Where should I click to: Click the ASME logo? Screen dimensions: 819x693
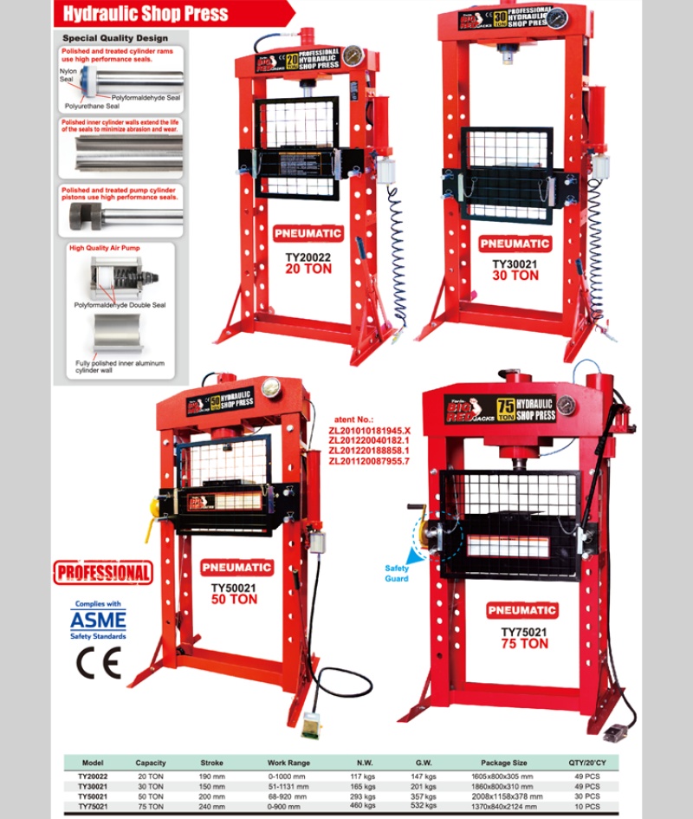point(98,621)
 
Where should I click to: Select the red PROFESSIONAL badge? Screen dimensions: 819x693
point(103,573)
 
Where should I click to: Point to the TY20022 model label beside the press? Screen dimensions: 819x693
point(308,257)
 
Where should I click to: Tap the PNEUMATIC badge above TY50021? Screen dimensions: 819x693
point(236,568)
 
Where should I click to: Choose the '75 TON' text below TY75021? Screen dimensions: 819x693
point(524,644)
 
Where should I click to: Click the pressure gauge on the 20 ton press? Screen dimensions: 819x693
point(353,56)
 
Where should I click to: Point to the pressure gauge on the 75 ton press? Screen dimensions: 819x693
point(567,406)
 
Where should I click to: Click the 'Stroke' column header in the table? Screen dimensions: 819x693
point(211,763)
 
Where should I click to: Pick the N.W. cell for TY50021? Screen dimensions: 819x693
point(364,796)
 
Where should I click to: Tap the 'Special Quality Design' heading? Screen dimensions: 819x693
point(114,38)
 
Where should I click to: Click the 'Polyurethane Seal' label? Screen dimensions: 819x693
point(92,106)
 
